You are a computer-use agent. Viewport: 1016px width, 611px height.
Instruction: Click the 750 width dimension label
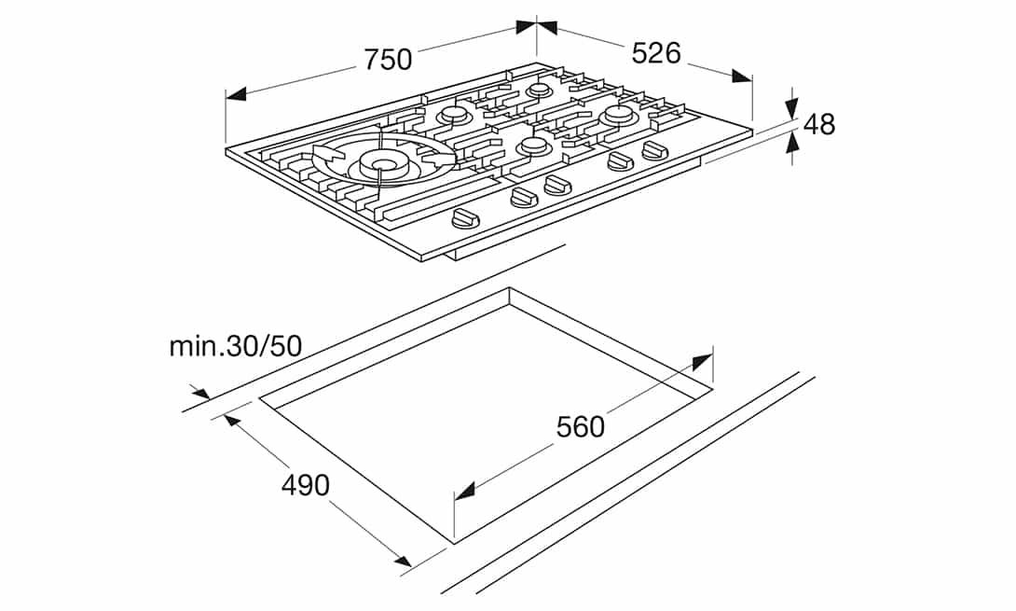tap(388, 59)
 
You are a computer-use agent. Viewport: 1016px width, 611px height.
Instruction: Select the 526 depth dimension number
tap(656, 52)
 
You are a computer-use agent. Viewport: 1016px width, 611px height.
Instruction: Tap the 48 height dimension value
tap(818, 124)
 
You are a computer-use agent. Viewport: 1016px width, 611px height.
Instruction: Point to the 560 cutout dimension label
tap(581, 426)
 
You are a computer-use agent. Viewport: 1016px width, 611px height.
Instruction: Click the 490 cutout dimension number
tap(305, 485)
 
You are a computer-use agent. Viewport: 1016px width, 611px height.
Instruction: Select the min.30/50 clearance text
tap(236, 346)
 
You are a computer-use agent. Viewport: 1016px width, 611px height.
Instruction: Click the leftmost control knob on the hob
tap(466, 219)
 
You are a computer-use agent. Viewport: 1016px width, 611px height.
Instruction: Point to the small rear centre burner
tap(539, 90)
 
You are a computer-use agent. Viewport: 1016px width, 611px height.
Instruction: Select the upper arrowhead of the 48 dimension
tap(791, 106)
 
